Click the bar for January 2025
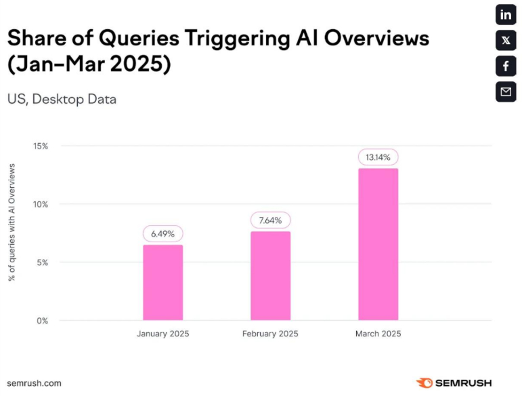(x=162, y=282)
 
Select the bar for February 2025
(x=270, y=275)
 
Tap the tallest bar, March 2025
(x=378, y=244)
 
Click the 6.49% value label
(x=162, y=233)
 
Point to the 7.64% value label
(x=270, y=220)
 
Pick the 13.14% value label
(x=378, y=157)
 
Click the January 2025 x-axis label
(x=162, y=334)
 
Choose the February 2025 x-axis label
(x=270, y=334)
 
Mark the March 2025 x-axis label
(x=378, y=334)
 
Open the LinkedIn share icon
(x=506, y=15)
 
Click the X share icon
(x=506, y=41)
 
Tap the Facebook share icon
(x=506, y=66)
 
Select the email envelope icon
(x=506, y=92)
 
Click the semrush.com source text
(x=35, y=383)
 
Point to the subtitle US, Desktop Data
(x=62, y=99)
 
